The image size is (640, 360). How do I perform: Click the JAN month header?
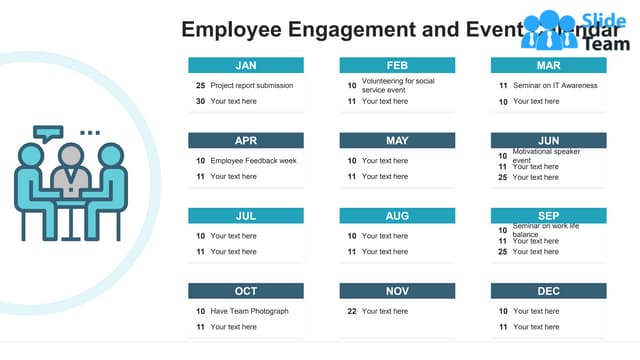pyautogui.click(x=246, y=65)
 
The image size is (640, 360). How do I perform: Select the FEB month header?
pyautogui.click(x=397, y=65)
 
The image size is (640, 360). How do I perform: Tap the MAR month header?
pyautogui.click(x=548, y=65)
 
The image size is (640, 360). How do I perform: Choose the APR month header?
pyautogui.click(x=246, y=140)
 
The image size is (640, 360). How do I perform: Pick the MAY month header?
pyautogui.click(x=397, y=140)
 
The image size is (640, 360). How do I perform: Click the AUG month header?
pyautogui.click(x=397, y=215)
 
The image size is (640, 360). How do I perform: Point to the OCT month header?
pyautogui.click(x=246, y=291)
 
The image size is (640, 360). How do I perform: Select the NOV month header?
pyautogui.click(x=397, y=291)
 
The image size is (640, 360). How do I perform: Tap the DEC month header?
pyautogui.click(x=548, y=291)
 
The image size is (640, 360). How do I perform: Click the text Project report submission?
pyautogui.click(x=252, y=86)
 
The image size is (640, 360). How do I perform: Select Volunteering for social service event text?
pyautogui.click(x=398, y=85)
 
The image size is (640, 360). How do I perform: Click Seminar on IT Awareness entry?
pyautogui.click(x=555, y=86)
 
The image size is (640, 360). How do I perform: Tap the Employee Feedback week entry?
pyautogui.click(x=253, y=161)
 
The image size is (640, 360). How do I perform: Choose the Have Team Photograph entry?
pyautogui.click(x=249, y=311)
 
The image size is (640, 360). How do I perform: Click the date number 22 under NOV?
pyautogui.click(x=352, y=311)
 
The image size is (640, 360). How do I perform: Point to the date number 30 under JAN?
pyautogui.click(x=200, y=101)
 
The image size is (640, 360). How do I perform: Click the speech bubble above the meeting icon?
pyautogui.click(x=46, y=133)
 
